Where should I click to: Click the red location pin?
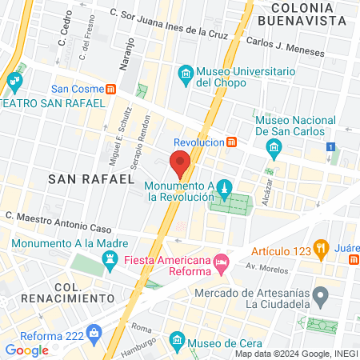coord(180,163)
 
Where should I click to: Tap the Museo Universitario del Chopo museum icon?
coord(186,75)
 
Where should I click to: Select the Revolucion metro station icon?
coord(231,142)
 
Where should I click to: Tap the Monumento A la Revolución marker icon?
coord(225,190)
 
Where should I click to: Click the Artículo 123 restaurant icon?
coord(322,248)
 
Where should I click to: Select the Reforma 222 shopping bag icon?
coord(94,331)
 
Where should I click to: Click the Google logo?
coord(27,350)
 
